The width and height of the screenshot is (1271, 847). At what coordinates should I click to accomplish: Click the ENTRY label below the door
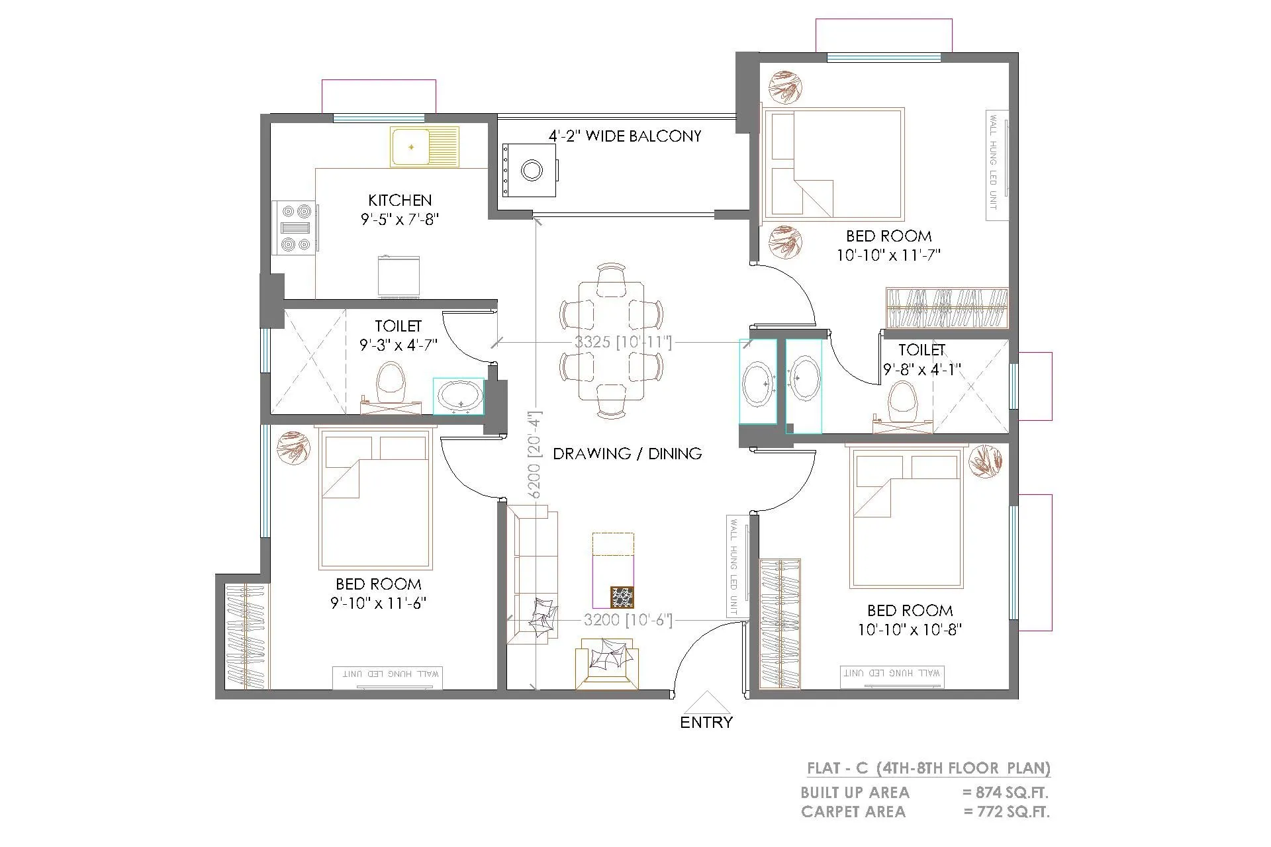tap(706, 722)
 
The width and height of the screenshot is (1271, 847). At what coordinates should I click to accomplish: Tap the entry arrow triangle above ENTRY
tap(706, 702)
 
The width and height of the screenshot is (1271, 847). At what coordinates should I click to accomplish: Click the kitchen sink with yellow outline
tap(424, 146)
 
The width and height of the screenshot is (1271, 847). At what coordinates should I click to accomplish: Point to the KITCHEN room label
tap(400, 200)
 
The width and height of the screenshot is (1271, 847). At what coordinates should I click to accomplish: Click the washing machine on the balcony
tap(530, 170)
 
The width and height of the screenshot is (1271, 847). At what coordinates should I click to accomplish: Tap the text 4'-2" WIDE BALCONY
tap(624, 136)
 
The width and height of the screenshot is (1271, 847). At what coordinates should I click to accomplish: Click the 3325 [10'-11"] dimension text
tap(623, 342)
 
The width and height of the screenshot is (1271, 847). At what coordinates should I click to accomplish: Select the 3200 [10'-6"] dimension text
tap(628, 620)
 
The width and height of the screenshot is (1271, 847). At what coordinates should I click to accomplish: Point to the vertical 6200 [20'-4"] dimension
tap(535, 455)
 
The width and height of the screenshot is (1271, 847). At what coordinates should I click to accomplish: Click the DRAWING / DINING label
tap(627, 453)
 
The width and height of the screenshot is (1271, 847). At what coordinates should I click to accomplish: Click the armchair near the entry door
tap(606, 663)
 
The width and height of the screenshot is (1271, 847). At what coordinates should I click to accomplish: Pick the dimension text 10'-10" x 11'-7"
tap(888, 255)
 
